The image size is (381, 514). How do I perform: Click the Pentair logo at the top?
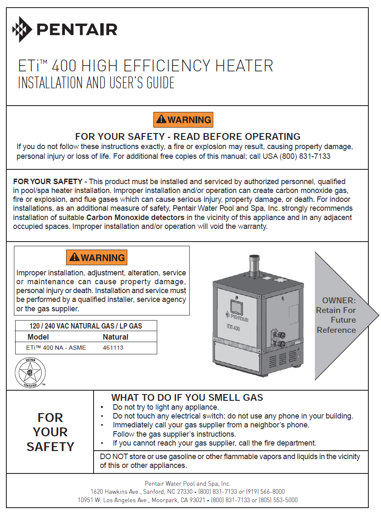[x=65, y=30]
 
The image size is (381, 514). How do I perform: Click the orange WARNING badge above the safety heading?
[x=183, y=120]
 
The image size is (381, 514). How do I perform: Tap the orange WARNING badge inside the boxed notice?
[x=97, y=257]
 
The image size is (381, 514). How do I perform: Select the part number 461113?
[x=113, y=348]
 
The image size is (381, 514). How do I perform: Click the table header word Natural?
[x=115, y=337]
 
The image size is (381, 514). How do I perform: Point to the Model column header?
[x=38, y=337]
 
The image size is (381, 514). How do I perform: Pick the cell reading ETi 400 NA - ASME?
[x=56, y=348]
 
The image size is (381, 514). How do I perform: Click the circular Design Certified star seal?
[x=30, y=373]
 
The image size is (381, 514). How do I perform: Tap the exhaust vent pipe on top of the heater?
[x=254, y=265]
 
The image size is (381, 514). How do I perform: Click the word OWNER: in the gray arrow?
[x=339, y=301]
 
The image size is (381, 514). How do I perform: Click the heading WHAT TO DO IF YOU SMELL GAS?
[x=187, y=397]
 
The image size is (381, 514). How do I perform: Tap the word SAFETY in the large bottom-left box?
[x=50, y=446]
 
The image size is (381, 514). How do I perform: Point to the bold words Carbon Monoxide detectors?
[x=135, y=218]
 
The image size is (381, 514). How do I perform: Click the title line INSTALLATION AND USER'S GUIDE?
[x=96, y=83]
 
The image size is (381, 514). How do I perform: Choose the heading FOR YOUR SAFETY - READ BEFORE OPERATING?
[x=188, y=136]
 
